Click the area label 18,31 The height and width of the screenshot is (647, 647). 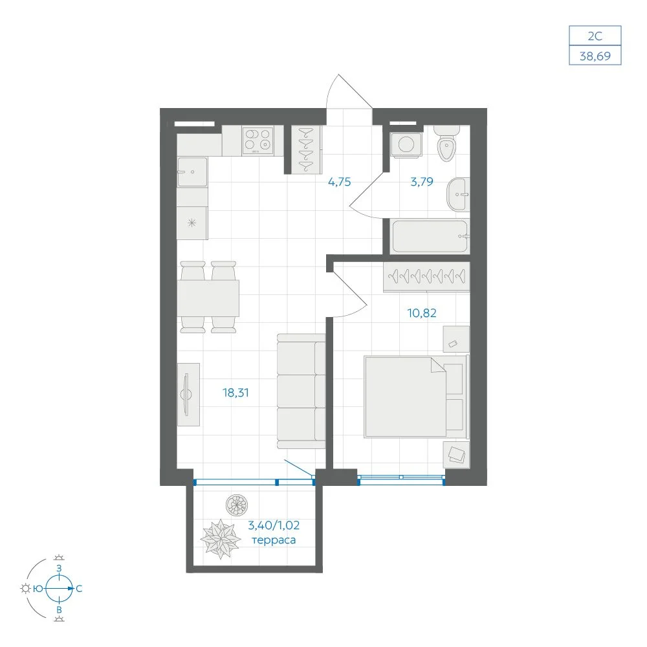point(236,393)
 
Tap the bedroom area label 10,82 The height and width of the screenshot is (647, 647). point(422,313)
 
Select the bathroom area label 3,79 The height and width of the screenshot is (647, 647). point(422,182)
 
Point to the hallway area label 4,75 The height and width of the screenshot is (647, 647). point(339,182)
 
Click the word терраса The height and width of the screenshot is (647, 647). point(274,540)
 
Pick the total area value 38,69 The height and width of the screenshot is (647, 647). point(595,56)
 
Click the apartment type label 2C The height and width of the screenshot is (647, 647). point(595,36)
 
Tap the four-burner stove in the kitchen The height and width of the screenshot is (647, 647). point(258,140)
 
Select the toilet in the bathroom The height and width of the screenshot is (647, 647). point(447,143)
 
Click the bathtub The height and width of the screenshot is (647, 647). point(430,236)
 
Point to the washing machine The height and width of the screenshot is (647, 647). point(406,144)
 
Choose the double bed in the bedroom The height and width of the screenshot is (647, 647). point(416,396)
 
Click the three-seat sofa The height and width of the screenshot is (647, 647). point(302,391)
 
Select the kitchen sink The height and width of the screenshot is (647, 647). point(192,171)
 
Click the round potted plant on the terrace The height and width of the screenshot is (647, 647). point(237,505)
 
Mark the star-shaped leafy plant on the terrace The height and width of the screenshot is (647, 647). point(221,538)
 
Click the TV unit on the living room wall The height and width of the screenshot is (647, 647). point(188,395)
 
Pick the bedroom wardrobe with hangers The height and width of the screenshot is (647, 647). point(426,276)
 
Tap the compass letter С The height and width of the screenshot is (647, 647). point(79,589)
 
